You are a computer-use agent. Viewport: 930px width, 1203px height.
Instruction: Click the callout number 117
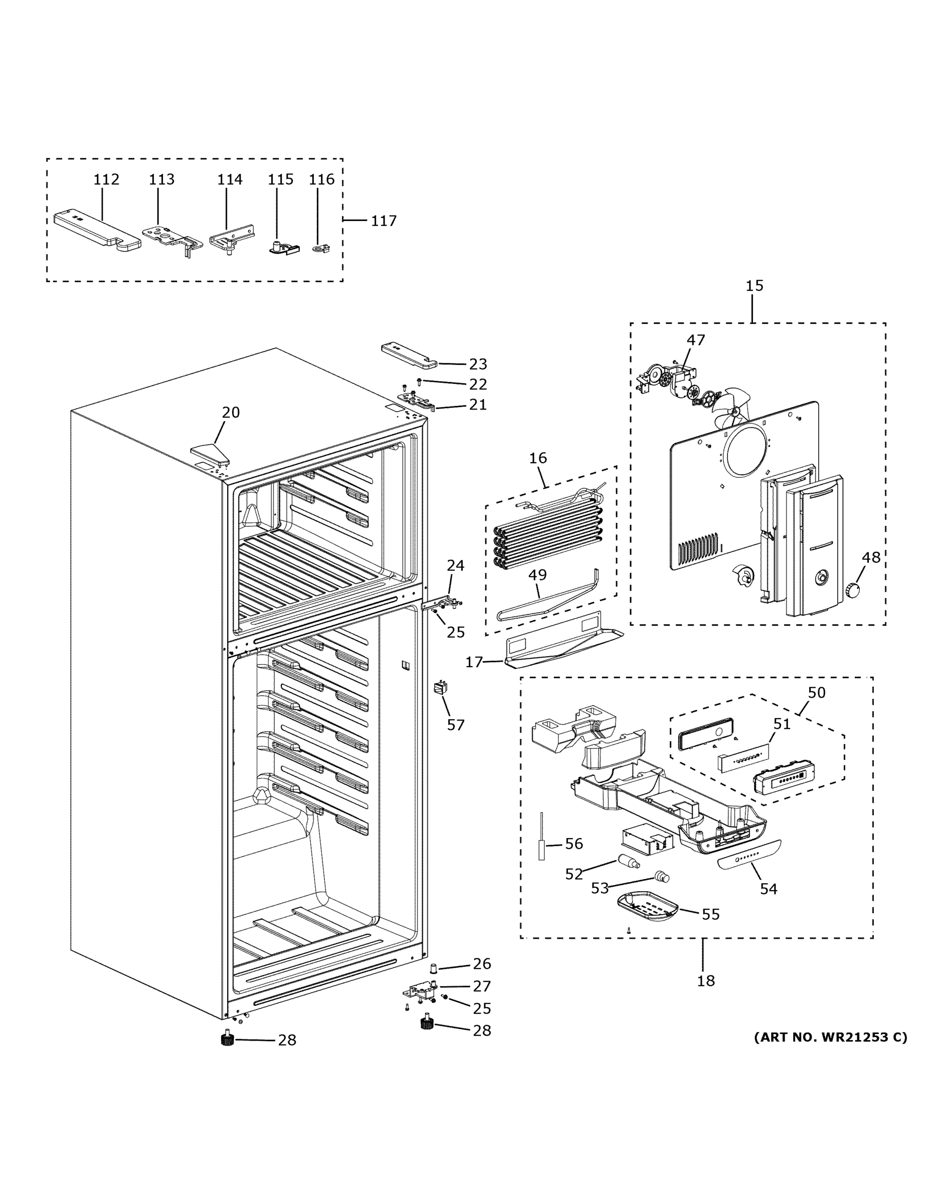coord(384,221)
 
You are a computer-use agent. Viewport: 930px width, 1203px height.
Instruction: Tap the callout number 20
coord(231,412)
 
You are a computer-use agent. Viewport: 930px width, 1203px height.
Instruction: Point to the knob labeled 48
coord(853,590)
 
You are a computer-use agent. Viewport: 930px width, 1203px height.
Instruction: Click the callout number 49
coord(537,574)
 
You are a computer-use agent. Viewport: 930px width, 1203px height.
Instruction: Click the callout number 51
coord(782,724)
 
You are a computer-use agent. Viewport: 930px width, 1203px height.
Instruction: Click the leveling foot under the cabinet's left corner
coord(227,1040)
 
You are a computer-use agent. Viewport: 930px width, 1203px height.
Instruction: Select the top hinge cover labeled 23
coord(409,355)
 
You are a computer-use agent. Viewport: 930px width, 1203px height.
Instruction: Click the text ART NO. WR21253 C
coord(830,1037)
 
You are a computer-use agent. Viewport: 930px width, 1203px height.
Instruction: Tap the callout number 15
coord(754,285)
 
